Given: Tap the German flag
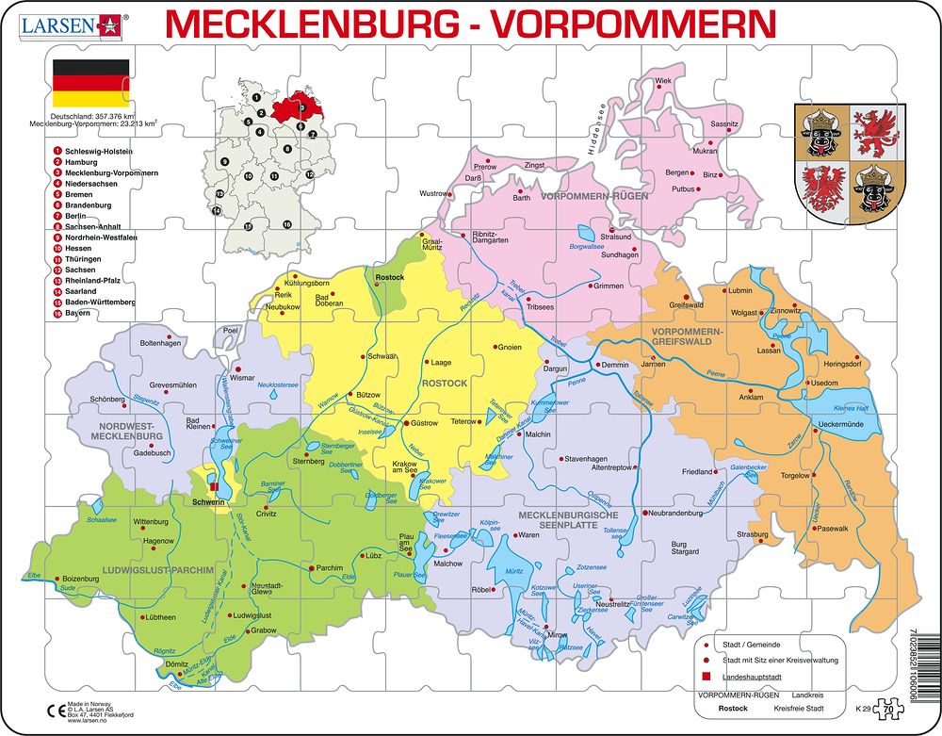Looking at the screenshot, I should point(90,83).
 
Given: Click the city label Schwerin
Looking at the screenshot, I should point(208,502).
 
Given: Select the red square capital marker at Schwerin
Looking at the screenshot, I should point(215,487).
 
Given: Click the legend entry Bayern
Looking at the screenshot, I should point(78,312).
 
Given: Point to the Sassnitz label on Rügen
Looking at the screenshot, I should point(724,124).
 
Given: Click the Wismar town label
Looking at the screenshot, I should point(242,377).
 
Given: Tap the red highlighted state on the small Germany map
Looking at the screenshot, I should point(294,107).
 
